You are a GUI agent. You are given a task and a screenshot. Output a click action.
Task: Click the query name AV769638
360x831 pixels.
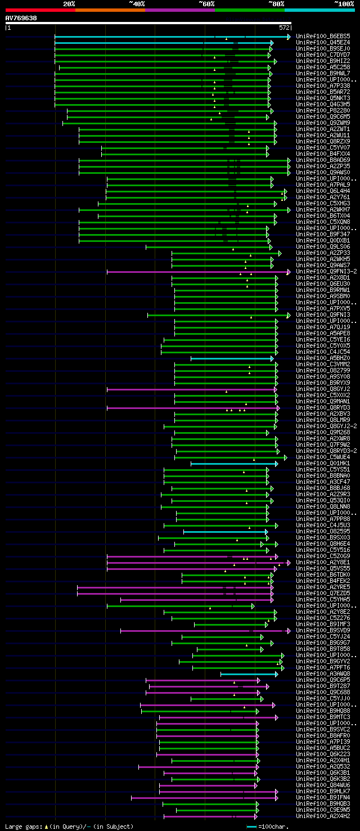coord(21,18)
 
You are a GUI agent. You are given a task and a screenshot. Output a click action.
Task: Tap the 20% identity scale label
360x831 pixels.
coord(69,3)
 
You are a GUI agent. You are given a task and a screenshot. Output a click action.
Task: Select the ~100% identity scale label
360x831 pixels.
coord(344,3)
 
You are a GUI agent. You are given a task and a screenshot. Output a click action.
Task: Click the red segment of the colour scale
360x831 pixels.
coord(40,10)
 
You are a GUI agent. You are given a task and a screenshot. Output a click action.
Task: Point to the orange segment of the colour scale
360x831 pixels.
coord(110,10)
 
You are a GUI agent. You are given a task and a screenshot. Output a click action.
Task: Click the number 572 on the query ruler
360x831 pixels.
coord(284,27)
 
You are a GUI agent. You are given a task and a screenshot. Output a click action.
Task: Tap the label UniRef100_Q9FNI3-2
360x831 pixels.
coord(325,271)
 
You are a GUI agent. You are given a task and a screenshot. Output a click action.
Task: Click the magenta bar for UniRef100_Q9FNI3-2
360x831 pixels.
coord(197,272)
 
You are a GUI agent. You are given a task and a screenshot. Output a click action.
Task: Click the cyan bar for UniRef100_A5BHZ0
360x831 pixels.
coord(231,358)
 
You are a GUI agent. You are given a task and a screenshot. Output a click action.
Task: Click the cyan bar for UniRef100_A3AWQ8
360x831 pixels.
coord(247,674)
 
